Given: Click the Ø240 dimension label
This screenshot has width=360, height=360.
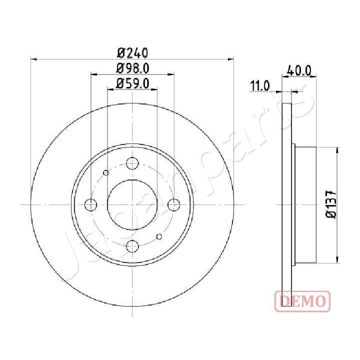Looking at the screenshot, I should pyautogui.click(x=132, y=51).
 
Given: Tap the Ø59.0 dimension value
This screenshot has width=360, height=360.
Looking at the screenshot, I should pyautogui.click(x=133, y=83).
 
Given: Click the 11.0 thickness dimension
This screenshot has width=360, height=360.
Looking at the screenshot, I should pyautogui.click(x=260, y=86).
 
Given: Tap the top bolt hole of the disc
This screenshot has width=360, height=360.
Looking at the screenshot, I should pyautogui.click(x=132, y=163).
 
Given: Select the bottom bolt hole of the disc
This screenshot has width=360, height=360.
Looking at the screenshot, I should pyautogui.click(x=132, y=245).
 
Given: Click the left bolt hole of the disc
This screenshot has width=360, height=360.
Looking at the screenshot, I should pyautogui.click(x=91, y=204).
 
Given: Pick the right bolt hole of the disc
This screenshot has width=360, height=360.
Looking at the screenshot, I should pyautogui.click(x=173, y=204).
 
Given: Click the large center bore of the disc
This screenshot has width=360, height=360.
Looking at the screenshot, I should pyautogui.click(x=132, y=204).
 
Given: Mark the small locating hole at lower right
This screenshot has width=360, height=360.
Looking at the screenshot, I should pyautogui.click(x=159, y=236).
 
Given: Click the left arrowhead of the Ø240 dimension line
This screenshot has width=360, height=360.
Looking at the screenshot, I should pyautogui.click(x=34, y=59).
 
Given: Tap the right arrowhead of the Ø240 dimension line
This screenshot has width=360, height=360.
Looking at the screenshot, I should pyautogui.click(x=231, y=59).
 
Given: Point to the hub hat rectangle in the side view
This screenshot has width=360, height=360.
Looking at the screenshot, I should pyautogui.click(x=304, y=204).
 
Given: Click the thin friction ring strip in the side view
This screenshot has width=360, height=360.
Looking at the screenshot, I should pyautogui.click(x=286, y=204).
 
